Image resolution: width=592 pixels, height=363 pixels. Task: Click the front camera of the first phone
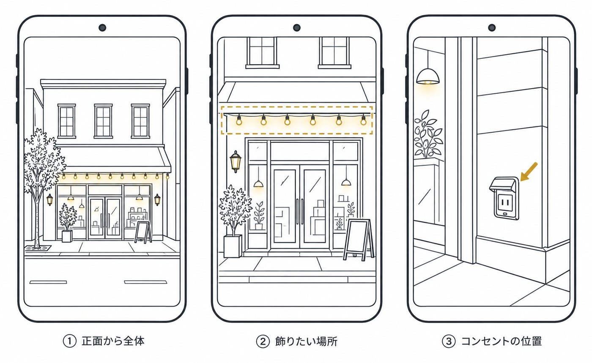[102, 27]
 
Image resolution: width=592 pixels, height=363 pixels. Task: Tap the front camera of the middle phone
[297, 27]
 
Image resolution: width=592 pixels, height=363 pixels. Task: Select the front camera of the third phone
[492, 27]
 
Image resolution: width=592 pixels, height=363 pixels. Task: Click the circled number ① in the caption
[69, 341]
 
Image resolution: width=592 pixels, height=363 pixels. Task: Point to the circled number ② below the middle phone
[263, 341]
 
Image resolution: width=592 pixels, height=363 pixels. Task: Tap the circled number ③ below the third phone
[449, 341]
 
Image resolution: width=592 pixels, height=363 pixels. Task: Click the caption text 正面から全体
[113, 341]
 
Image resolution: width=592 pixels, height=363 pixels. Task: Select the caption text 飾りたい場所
[306, 341]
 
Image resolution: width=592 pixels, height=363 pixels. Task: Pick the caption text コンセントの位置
[502, 341]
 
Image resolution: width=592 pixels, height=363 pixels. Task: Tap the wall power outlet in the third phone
[504, 198]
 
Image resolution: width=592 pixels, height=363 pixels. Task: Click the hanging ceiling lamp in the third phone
[428, 76]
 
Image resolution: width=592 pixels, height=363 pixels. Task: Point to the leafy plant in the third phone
[427, 134]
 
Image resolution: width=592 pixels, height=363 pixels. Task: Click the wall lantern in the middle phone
[235, 161]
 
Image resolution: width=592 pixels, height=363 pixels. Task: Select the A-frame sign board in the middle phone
[359, 239]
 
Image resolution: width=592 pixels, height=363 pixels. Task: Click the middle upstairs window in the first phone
[103, 121]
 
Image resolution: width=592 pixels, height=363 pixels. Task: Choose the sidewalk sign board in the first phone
[143, 232]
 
